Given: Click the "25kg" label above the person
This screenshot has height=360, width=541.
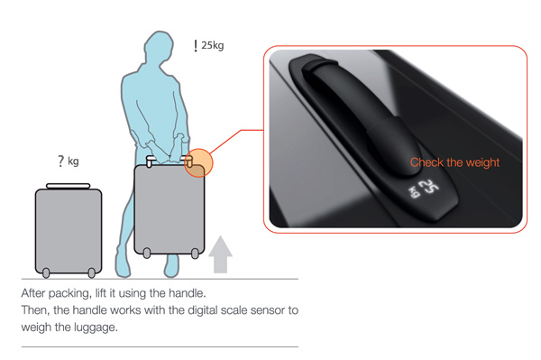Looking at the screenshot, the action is pyautogui.click(x=213, y=45).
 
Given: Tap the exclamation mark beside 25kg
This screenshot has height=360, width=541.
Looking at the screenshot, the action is pyautogui.click(x=196, y=45).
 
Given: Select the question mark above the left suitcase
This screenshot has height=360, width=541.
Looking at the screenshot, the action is pyautogui.click(x=61, y=161).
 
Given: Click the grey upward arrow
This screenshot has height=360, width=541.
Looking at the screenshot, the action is pyautogui.click(x=220, y=254).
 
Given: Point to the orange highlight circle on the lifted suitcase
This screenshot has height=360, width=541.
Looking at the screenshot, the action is pyautogui.click(x=198, y=163).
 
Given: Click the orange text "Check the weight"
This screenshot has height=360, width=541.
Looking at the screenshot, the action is pyautogui.click(x=454, y=162).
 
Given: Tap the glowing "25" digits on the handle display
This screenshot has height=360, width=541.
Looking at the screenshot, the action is pyautogui.click(x=430, y=188).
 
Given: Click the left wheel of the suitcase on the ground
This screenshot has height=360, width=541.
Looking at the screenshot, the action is pyautogui.click(x=46, y=273).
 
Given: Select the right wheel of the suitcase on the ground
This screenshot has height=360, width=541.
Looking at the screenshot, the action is pyautogui.click(x=91, y=273).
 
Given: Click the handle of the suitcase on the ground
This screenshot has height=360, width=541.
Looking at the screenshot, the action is pyautogui.click(x=69, y=186).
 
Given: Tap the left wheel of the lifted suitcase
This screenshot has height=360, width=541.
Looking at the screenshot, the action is pyautogui.click(x=147, y=253).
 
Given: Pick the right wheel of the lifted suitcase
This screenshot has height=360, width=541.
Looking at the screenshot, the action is pyautogui.click(x=195, y=254).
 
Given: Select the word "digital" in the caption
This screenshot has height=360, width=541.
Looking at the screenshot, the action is pyautogui.click(x=203, y=310).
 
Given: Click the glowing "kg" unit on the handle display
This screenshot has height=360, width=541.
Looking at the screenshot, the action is pyautogui.click(x=414, y=192).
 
